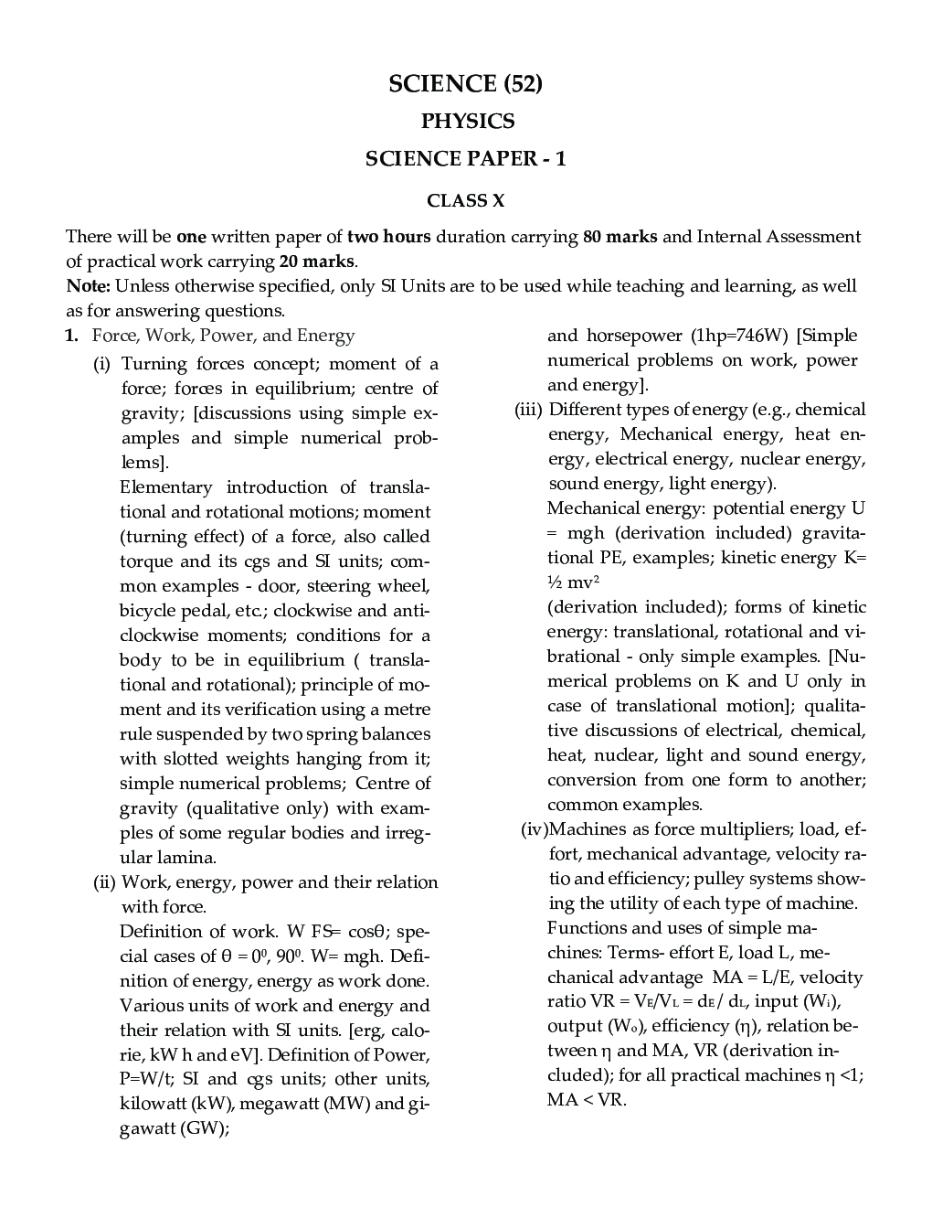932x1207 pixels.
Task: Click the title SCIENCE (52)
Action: point(465,84)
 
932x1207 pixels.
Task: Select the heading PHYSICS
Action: point(467,122)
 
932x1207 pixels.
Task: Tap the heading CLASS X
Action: point(465,200)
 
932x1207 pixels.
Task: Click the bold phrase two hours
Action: point(388,237)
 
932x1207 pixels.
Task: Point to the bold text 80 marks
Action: point(620,237)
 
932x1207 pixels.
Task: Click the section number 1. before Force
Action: point(71,336)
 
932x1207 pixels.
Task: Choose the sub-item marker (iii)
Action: point(528,410)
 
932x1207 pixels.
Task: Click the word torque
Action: point(146,561)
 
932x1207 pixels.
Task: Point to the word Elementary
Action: point(165,487)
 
